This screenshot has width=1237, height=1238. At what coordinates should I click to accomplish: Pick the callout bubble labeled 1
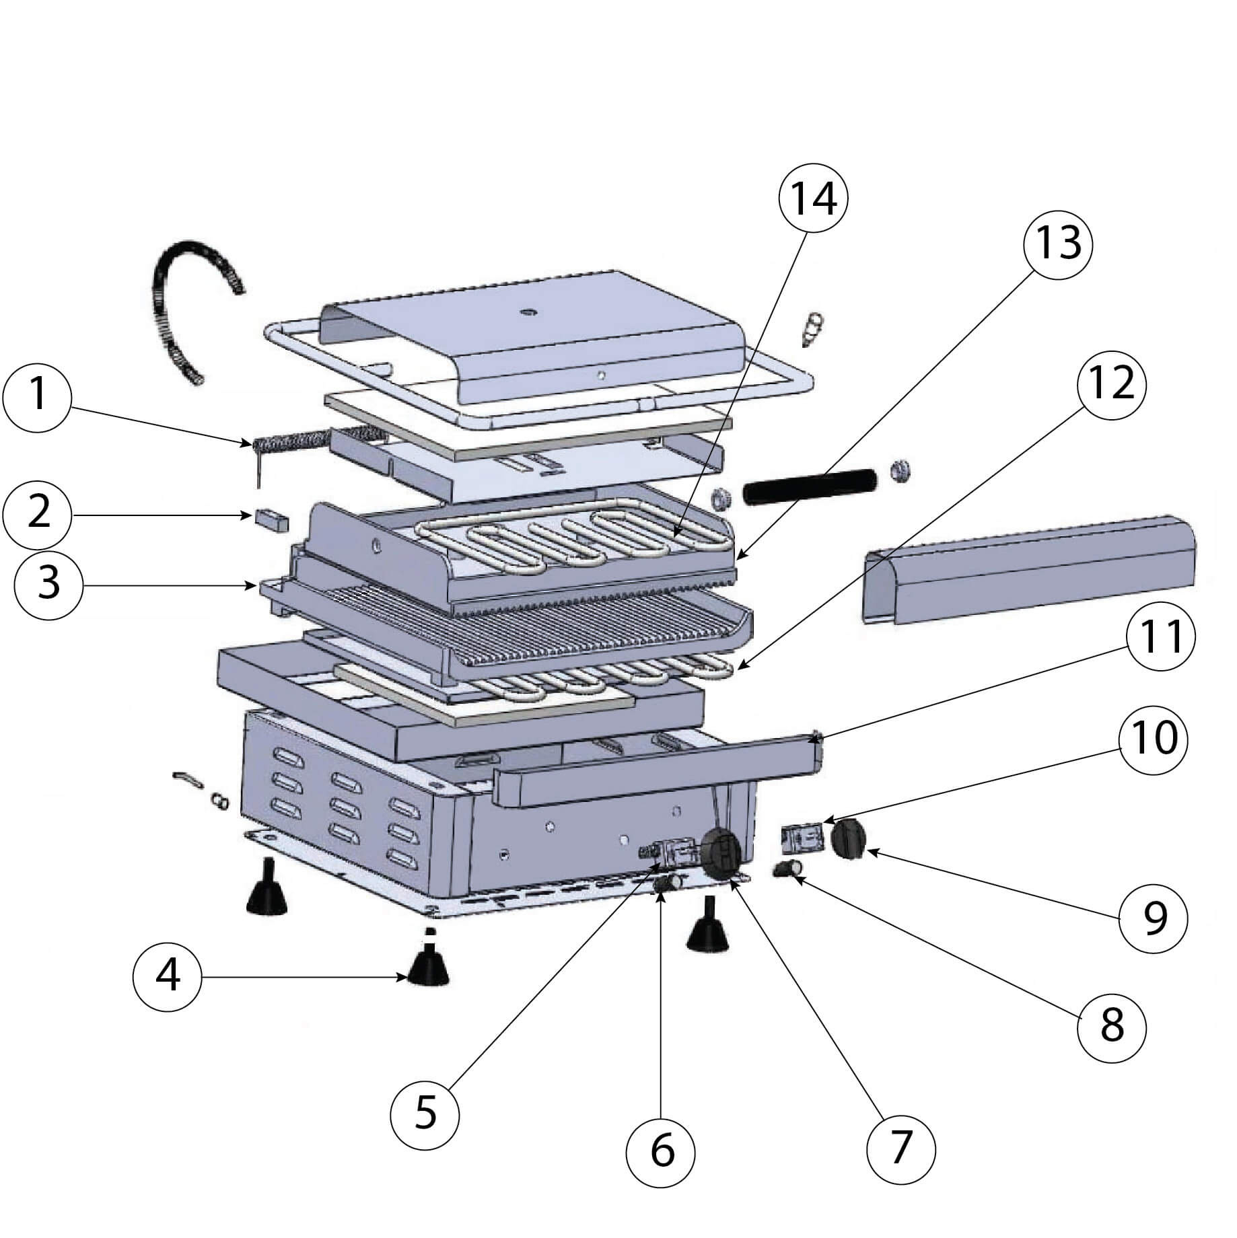pos(37,395)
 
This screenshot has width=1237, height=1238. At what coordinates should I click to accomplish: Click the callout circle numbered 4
pos(167,975)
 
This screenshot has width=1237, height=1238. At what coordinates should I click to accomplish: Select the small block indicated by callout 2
pos(272,519)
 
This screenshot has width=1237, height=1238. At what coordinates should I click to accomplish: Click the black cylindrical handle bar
pos(809,484)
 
